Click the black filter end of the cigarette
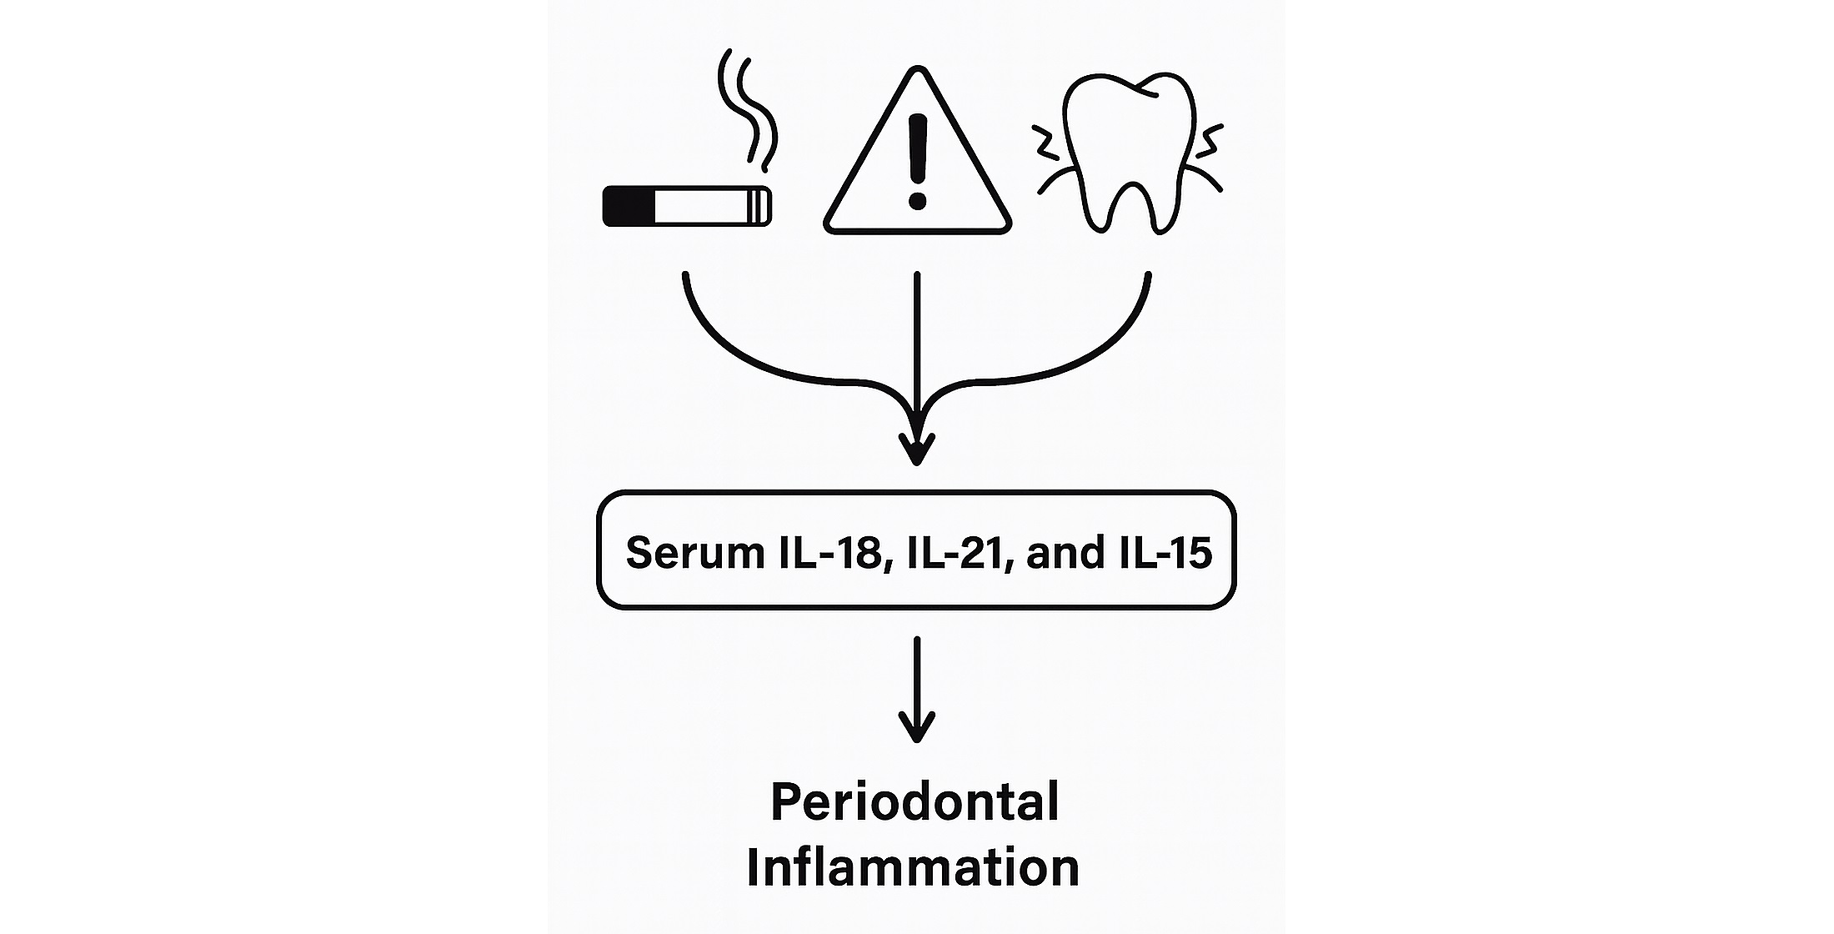click(x=628, y=206)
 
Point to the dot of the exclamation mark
click(x=918, y=201)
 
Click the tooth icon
click(x=1130, y=150)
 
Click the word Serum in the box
click(x=694, y=552)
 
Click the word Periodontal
click(x=914, y=801)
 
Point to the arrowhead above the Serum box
click(x=917, y=450)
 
